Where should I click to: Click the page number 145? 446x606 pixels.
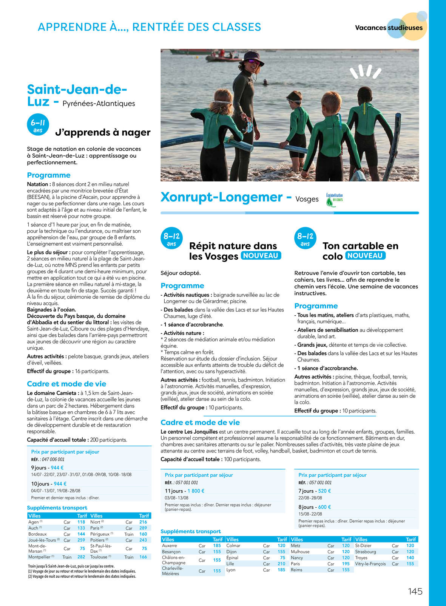415,592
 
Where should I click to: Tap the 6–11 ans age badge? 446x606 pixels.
38,125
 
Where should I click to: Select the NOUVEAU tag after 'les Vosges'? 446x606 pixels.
261,256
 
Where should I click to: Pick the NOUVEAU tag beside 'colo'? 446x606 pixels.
365,256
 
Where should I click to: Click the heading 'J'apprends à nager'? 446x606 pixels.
103,132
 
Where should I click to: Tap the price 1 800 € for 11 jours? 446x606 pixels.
196,491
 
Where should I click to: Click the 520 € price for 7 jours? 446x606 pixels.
324,491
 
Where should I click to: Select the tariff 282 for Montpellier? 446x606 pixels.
81,557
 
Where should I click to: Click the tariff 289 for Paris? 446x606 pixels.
143,528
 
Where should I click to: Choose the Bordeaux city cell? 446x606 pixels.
37,534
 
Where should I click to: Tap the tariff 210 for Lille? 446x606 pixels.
281,564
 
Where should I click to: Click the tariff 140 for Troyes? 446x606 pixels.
410,558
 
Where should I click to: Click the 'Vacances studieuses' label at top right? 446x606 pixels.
389,28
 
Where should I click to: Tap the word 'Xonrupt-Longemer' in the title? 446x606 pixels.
222,197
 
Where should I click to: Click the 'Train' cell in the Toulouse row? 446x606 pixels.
129,557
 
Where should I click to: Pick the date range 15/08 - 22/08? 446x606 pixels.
310,514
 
